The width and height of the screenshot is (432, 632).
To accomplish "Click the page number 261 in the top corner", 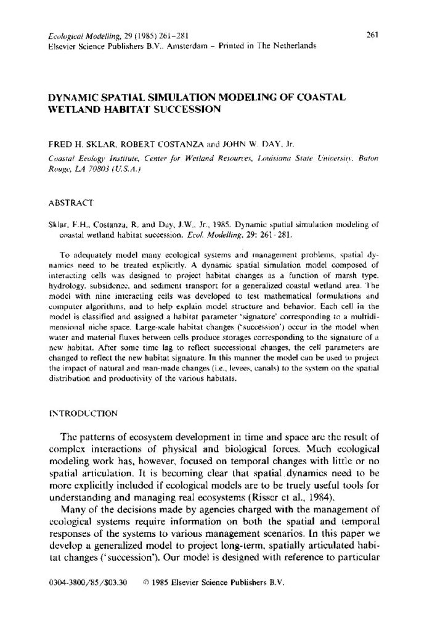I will coord(372,35).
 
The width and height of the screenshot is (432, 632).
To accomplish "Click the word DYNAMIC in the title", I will coord(71,98).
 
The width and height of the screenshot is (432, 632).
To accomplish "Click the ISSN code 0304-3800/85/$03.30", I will coord(87,583).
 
